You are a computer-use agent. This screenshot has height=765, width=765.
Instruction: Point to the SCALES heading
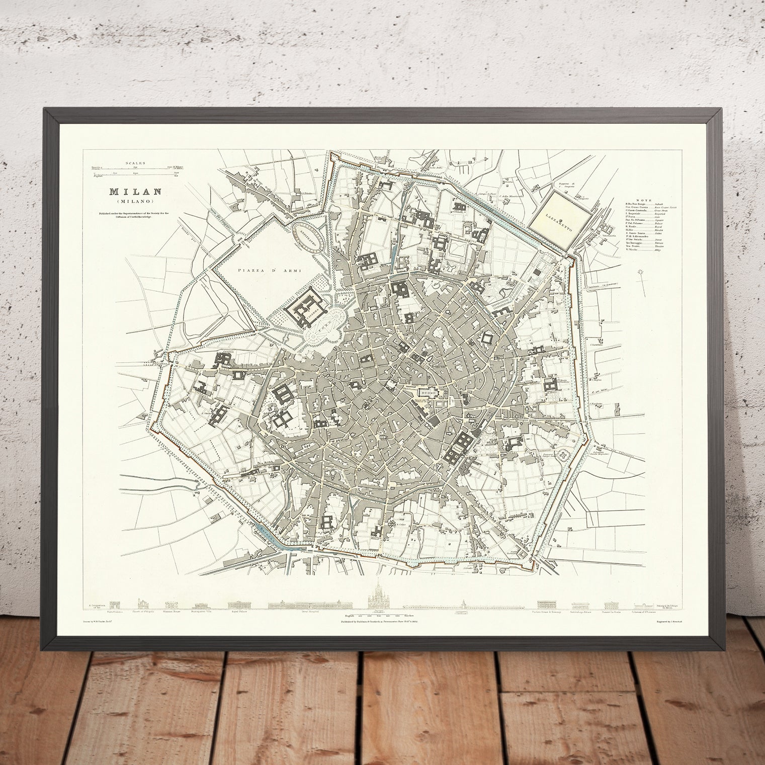135,163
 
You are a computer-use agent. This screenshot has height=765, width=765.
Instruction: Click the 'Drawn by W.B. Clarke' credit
104,622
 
